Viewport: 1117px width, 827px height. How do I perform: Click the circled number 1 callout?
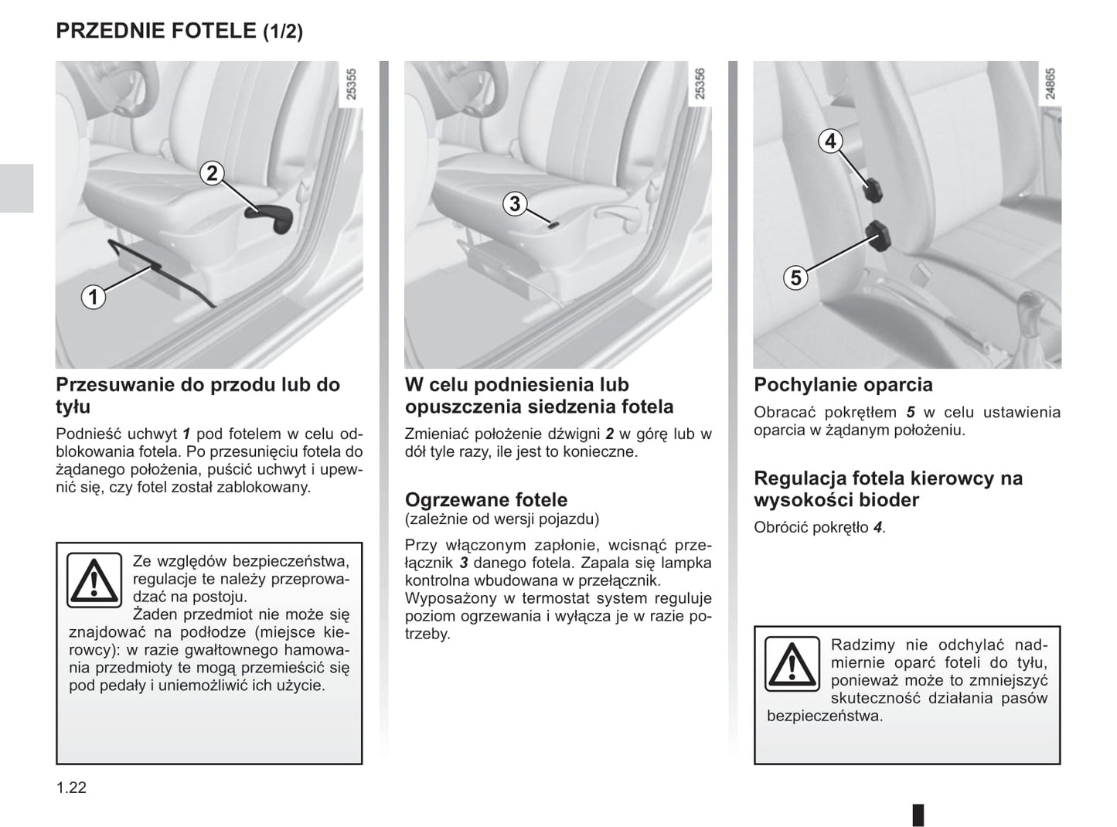click(94, 297)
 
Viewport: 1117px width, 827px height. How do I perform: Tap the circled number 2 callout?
click(212, 173)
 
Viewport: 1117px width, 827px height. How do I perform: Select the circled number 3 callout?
click(515, 204)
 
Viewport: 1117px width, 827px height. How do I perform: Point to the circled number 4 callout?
click(830, 141)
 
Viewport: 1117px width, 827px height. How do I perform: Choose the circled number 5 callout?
click(795, 277)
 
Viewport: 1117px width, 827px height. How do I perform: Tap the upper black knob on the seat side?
click(873, 190)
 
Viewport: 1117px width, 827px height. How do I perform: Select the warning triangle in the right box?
click(792, 664)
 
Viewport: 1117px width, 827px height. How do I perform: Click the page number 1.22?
click(71, 788)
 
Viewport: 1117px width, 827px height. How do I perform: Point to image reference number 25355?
click(352, 84)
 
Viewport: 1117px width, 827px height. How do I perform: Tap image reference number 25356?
click(700, 84)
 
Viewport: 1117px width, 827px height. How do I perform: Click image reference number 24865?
click(1050, 84)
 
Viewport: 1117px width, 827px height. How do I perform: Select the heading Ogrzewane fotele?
click(486, 499)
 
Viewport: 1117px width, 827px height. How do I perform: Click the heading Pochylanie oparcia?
click(843, 385)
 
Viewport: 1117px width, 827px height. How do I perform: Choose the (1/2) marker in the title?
click(283, 32)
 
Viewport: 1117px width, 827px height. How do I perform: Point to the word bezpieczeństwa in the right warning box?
click(824, 716)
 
